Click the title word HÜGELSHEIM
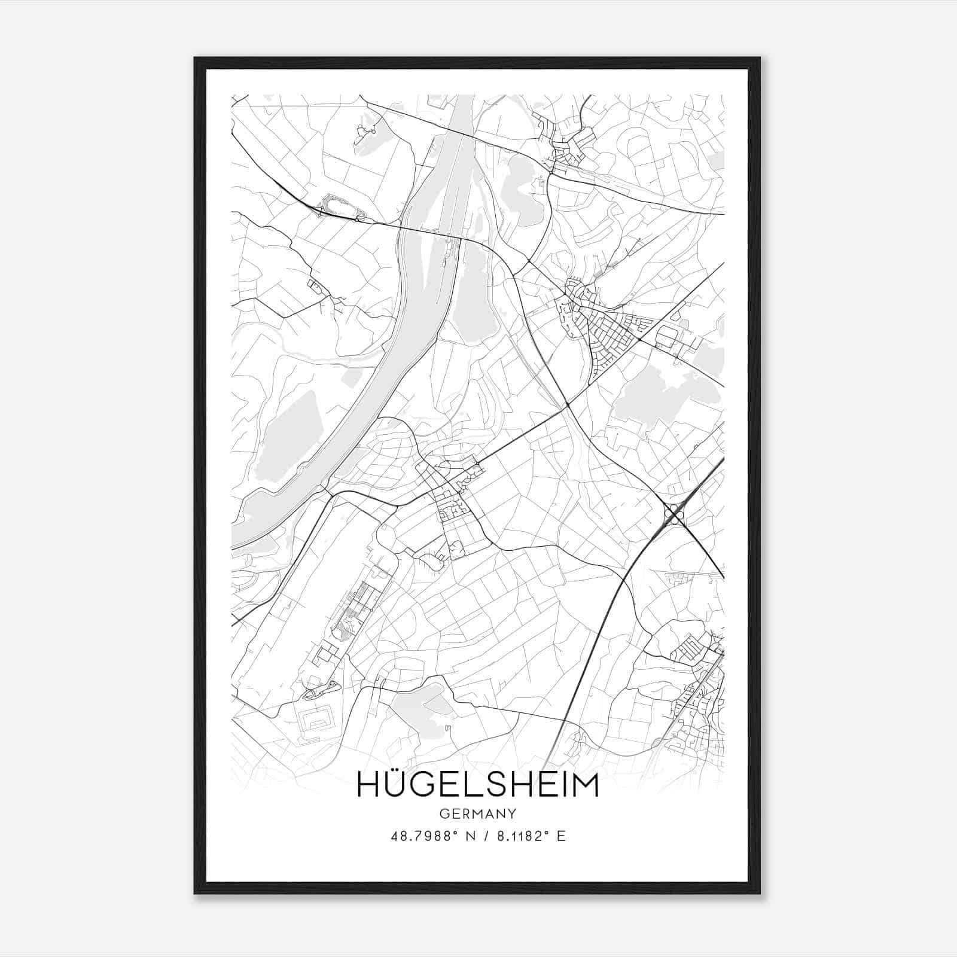477,785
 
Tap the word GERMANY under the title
477,813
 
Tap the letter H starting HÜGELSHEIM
367,785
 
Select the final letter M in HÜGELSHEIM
585,785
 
